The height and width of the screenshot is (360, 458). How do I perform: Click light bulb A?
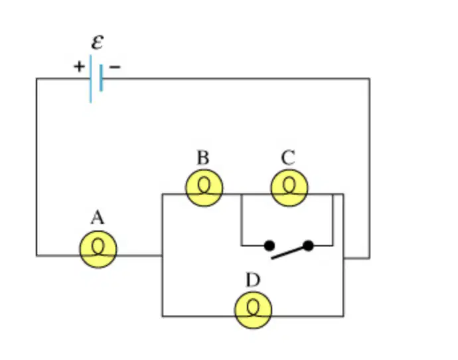98,249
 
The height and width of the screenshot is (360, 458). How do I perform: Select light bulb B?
204,188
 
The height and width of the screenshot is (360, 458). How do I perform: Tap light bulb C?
289,188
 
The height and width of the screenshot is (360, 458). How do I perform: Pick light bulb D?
254,310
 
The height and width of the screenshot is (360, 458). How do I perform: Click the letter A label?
98,218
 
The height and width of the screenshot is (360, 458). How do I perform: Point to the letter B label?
203,157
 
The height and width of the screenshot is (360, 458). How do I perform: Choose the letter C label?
288,157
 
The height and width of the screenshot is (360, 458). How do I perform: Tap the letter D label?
253,280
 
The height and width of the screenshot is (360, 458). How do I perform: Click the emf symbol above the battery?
98,43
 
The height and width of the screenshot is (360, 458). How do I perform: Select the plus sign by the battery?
79,66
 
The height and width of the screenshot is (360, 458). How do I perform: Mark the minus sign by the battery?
114,67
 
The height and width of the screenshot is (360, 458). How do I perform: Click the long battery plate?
91,79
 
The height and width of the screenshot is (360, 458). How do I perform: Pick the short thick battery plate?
101,78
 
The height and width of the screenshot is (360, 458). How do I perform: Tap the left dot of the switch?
269,246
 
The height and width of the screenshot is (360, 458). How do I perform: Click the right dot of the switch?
308,246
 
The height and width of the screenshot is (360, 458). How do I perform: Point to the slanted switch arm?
290,252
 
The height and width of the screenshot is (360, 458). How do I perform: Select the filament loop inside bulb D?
254,308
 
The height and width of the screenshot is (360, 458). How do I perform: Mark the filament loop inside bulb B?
204,186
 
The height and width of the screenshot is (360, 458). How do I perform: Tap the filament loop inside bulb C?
289,186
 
